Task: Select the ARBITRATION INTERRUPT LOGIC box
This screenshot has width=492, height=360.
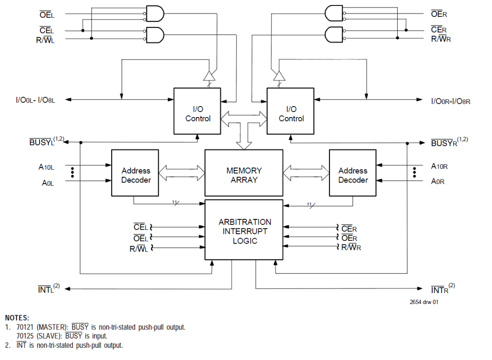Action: (244, 230)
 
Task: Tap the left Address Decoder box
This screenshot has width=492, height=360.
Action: (135, 173)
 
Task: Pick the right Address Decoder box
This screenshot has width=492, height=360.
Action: (353, 173)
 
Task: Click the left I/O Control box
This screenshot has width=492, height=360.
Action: (197, 111)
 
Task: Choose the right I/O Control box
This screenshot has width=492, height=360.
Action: (290, 111)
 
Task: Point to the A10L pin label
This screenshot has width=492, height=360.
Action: (46, 167)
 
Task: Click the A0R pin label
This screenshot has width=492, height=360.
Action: (438, 181)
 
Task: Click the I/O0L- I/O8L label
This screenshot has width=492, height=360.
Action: (35, 101)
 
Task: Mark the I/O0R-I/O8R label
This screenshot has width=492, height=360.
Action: (450, 101)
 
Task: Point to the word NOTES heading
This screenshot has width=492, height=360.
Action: (17, 318)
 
